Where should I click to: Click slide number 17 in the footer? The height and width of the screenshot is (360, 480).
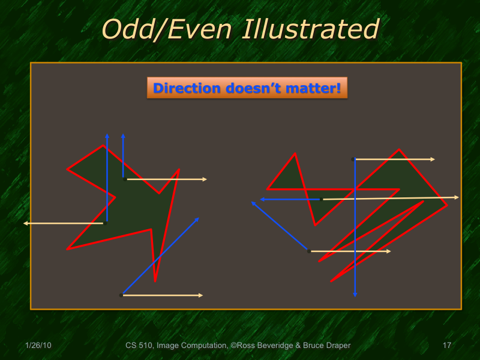[446, 346]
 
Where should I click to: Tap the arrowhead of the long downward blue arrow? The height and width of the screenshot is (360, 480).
[355, 294]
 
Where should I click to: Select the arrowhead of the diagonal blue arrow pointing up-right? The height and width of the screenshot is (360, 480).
[197, 220]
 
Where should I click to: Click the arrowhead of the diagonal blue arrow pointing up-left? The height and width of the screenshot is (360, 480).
[253, 203]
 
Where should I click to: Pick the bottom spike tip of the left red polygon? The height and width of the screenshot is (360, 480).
[155, 281]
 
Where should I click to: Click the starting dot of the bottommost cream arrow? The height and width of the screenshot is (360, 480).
[121, 295]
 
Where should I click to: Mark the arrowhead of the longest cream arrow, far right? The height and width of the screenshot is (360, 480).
[457, 197]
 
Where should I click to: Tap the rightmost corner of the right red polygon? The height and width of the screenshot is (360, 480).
[447, 206]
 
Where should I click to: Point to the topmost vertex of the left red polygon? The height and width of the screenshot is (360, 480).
[103, 146]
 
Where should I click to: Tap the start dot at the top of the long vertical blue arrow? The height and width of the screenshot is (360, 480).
[353, 159]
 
